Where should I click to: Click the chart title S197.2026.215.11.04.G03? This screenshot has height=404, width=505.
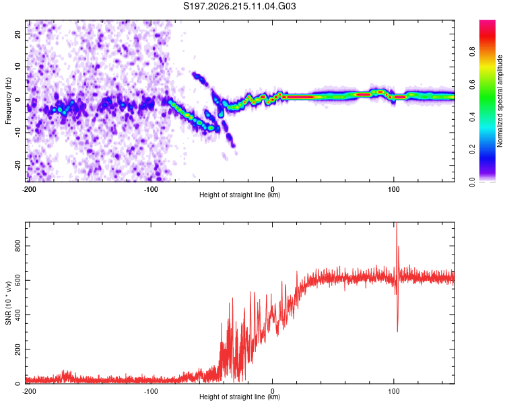[x=239, y=6]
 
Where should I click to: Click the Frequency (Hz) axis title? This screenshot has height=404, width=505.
[x=8, y=101]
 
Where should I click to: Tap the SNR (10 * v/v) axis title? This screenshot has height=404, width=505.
[x=8, y=303]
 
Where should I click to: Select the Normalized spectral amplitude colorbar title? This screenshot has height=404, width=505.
[x=500, y=101]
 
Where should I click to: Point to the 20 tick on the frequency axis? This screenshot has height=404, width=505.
[x=18, y=34]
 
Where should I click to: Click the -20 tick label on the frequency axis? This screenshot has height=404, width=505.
[x=18, y=165]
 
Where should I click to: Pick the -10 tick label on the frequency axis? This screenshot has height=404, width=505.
[x=18, y=133]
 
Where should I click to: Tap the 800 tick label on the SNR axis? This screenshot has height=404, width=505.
[x=18, y=246]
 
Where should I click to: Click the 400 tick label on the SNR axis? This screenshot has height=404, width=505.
[x=18, y=314]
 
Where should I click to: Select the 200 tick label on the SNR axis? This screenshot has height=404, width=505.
[x=18, y=349]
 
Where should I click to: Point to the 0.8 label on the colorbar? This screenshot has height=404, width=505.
[x=472, y=52]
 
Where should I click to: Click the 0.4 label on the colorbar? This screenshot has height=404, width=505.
[x=472, y=117]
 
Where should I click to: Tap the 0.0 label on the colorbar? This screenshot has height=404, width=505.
[x=472, y=182]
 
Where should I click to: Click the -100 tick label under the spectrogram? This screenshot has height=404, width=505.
[x=151, y=189]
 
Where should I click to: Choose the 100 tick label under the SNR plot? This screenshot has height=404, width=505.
[x=394, y=391]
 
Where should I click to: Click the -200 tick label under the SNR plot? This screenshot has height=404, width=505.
[x=29, y=391]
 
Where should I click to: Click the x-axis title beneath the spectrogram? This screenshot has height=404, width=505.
[x=240, y=195]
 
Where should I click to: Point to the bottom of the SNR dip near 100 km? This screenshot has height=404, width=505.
[x=397, y=331]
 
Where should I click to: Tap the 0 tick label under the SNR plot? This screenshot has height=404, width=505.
[x=272, y=391]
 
